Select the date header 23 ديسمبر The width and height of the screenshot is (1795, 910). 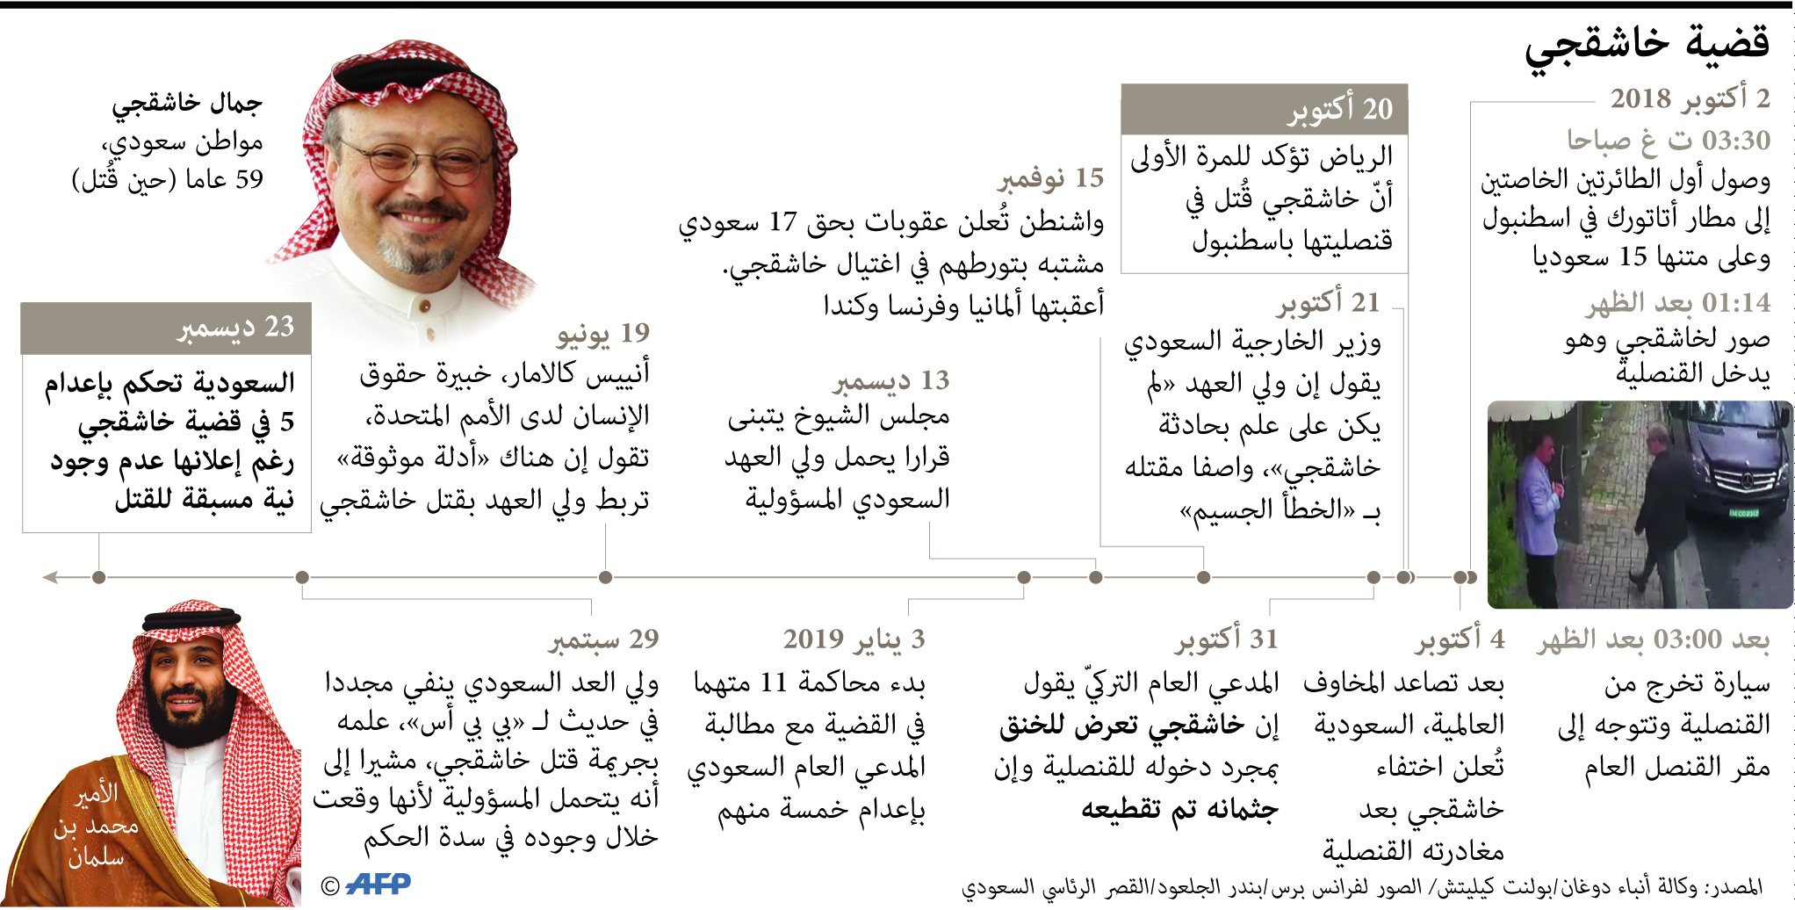point(236,328)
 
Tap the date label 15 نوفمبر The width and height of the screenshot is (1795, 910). point(1050,178)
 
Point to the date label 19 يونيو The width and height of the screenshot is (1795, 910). point(603,334)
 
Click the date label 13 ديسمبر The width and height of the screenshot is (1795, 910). point(891,381)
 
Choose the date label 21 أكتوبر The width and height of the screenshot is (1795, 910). point(1328,303)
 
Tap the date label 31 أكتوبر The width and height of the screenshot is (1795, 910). point(1227,639)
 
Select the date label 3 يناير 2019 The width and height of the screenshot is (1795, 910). point(854,639)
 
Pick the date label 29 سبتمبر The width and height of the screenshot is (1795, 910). point(603,639)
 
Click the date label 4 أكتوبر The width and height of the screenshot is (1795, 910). point(1460,639)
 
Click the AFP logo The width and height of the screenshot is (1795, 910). point(378,884)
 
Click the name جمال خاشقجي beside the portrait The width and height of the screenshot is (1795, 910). point(187,104)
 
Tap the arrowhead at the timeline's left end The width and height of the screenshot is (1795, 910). point(51,577)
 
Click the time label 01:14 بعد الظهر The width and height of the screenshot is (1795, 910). point(1677,303)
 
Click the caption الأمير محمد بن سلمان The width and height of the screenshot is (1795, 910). point(95,826)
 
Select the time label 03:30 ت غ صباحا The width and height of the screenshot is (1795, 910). point(1669,141)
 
